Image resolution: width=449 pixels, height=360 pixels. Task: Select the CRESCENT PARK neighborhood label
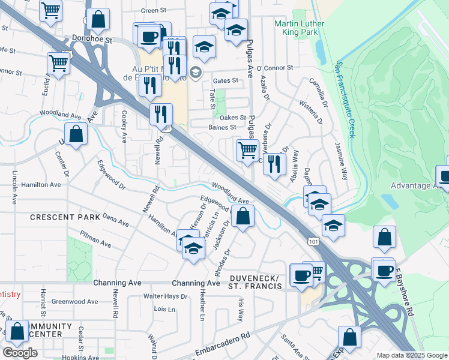(60, 217)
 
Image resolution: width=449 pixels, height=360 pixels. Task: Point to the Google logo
(20, 352)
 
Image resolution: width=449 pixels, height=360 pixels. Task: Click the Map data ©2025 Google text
(412, 355)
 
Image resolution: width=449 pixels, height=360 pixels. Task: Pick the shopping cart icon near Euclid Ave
(59, 62)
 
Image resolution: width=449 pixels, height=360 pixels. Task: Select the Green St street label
(153, 11)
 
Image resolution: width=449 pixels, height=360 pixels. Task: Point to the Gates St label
(226, 80)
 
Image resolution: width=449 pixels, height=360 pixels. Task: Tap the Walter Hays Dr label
(165, 296)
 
